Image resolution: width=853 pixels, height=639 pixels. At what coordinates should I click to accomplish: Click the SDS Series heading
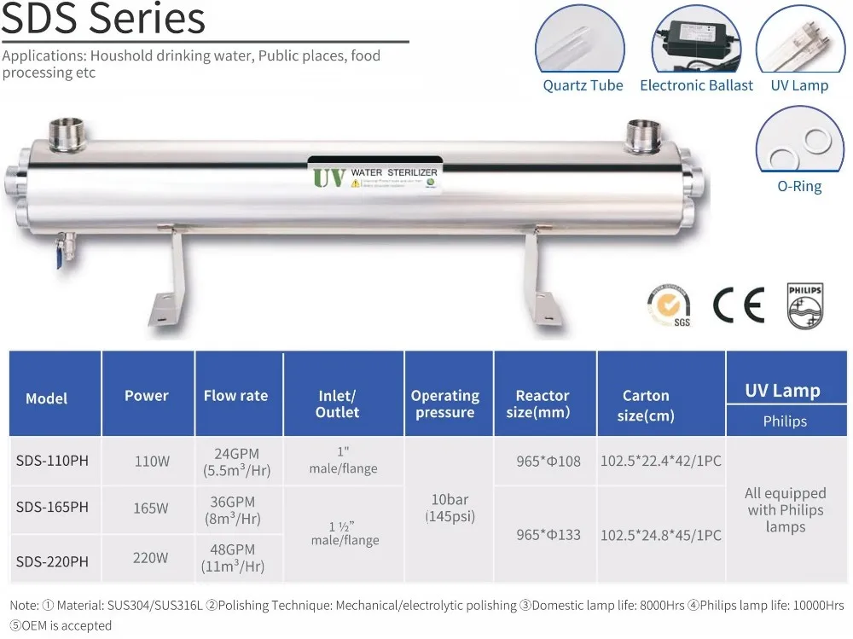pos(103,19)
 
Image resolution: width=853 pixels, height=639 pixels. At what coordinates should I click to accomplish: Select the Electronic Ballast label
pos(696,85)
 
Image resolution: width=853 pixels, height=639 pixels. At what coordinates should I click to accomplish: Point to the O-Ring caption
pos(800,186)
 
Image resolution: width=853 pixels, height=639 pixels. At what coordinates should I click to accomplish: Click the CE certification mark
pos(739,305)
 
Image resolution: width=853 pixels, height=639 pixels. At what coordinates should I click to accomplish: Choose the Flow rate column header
pos(235,396)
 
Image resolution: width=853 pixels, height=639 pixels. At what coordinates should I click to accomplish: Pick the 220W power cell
pos(152,557)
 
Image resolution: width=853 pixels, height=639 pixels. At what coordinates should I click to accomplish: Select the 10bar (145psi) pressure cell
pos(450,508)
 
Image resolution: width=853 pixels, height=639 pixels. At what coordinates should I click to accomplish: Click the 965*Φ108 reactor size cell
pos(548,461)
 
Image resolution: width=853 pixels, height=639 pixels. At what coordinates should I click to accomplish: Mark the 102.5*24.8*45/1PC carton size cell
pos(661,535)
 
